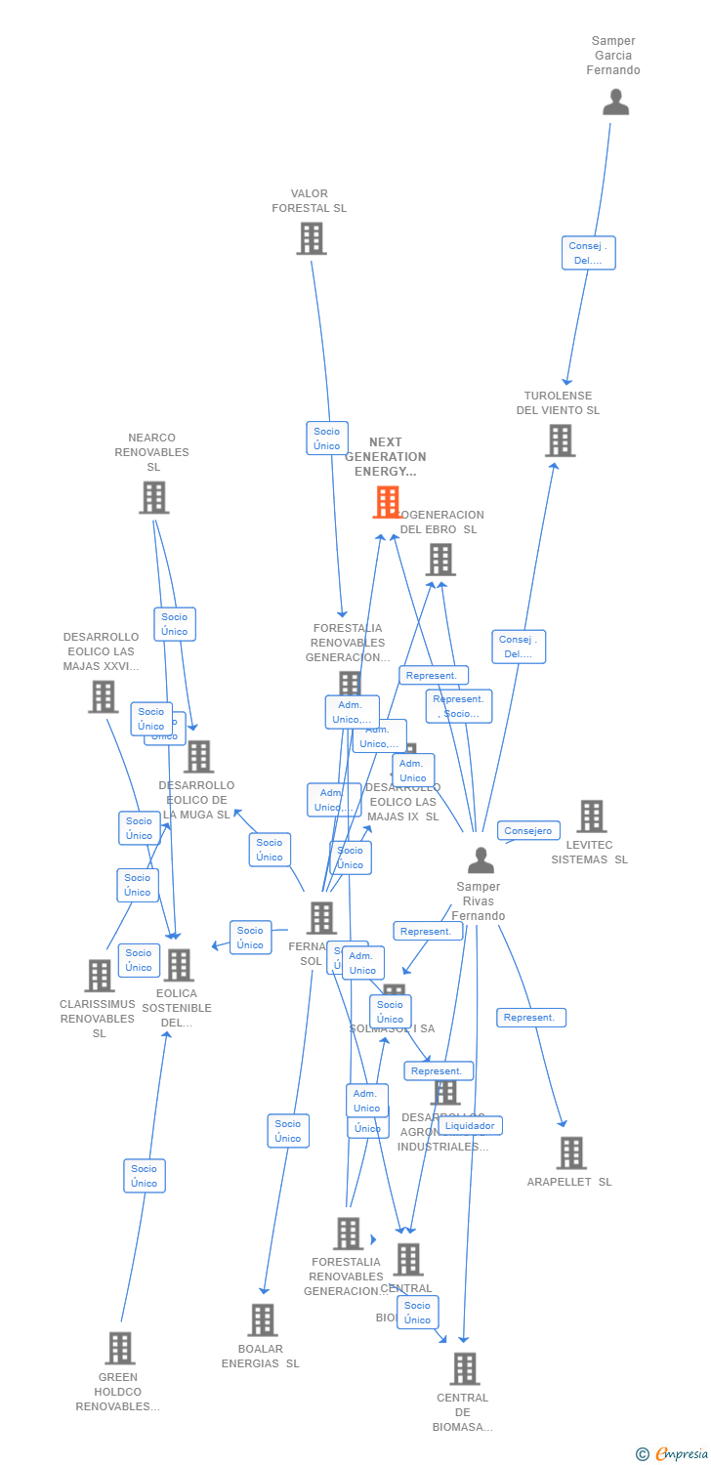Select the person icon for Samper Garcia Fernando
615,103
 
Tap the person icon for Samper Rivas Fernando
481,860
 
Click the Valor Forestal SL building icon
312,238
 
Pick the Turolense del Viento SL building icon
560,440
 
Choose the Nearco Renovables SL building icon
153,497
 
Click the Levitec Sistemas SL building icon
591,816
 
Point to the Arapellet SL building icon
571,1152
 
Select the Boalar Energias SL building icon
262,1319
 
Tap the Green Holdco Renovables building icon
119,1348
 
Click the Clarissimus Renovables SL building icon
99,975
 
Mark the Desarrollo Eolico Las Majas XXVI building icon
103,696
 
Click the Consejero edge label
528,831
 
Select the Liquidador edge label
470,1125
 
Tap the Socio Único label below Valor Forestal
327,439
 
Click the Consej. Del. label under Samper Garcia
588,253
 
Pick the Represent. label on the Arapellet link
530,1018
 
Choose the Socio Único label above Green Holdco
145,1176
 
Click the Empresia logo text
682,1454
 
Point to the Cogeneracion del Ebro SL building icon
440,560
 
